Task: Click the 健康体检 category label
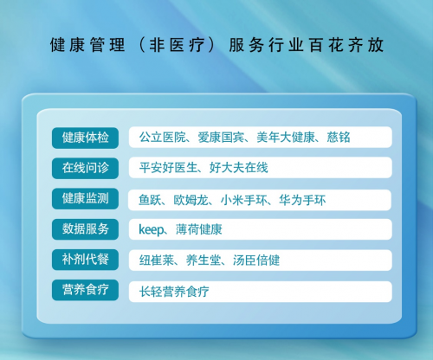(85, 138)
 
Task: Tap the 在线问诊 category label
(85, 168)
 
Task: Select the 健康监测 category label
(85, 199)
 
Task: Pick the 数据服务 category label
(85, 229)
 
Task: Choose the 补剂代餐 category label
(85, 260)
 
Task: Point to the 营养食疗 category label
(85, 290)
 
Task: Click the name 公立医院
(163, 138)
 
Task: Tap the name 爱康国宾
(221, 138)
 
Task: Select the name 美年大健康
(286, 138)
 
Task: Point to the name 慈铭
(339, 138)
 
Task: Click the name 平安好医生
(168, 168)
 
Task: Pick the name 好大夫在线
(239, 168)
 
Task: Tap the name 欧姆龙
(191, 200)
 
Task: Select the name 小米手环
(244, 200)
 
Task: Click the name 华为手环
(302, 200)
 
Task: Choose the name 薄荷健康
(199, 229)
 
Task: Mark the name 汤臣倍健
(256, 260)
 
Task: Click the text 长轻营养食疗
(174, 292)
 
